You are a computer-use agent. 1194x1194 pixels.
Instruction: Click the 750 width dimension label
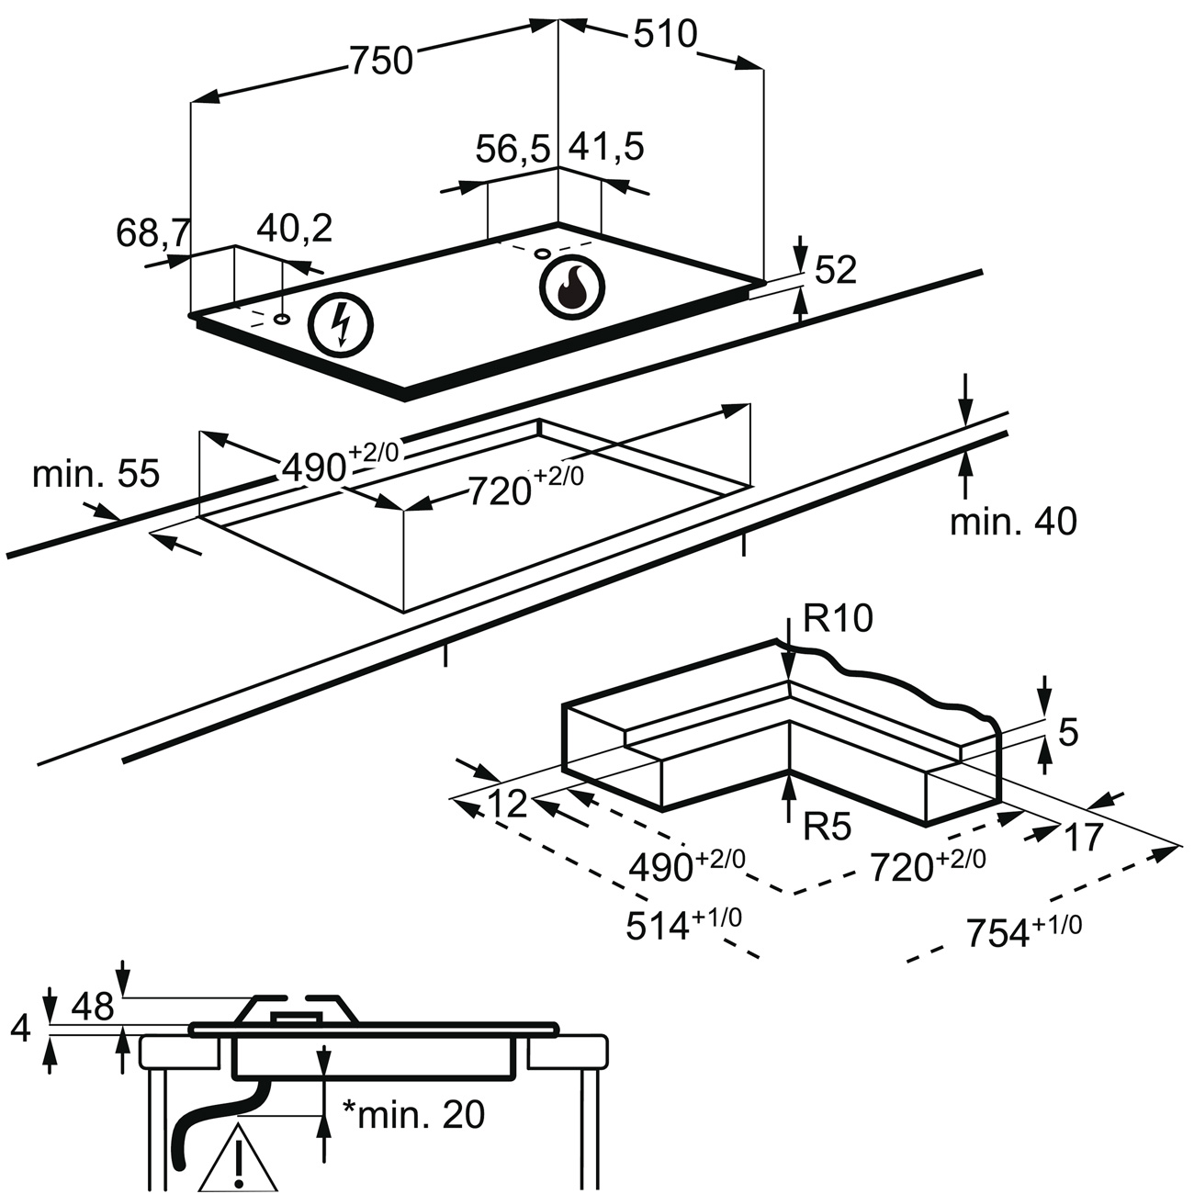(x=382, y=61)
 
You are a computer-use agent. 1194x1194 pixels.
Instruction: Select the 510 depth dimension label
(x=666, y=33)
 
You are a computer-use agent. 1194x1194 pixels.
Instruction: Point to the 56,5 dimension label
(x=513, y=150)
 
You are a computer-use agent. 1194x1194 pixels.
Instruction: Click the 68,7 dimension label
(x=153, y=232)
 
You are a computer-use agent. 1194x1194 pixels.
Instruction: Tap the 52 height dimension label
(x=835, y=269)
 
